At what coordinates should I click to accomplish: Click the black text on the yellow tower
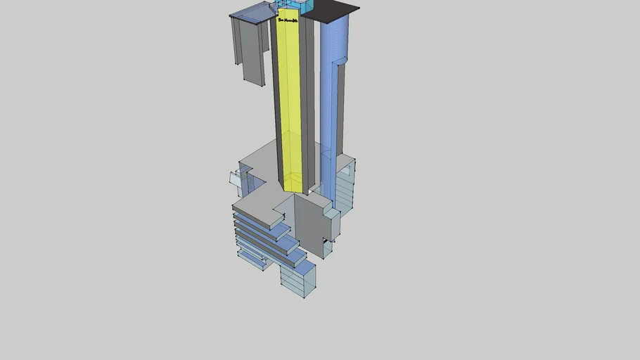[288, 21]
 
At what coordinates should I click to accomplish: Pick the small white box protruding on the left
[236, 179]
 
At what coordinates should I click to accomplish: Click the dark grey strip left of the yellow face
[278, 105]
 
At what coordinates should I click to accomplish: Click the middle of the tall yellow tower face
[292, 105]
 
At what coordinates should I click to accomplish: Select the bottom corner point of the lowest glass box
[304, 297]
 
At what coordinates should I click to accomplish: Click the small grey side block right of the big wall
[331, 225]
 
